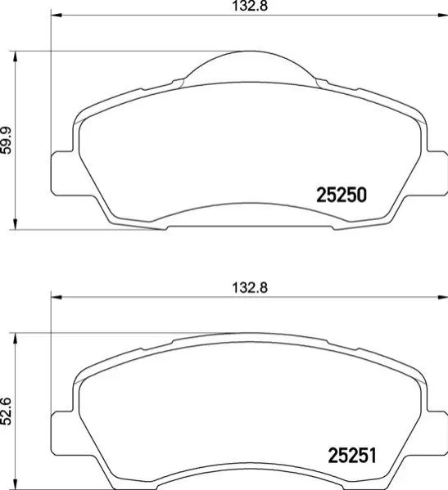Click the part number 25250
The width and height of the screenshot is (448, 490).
click(342, 195)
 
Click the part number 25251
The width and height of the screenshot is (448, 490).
click(352, 456)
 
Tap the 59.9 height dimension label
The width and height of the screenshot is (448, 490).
click(7, 141)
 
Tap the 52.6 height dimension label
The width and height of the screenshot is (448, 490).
click(7, 411)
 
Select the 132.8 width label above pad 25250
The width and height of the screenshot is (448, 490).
click(250, 6)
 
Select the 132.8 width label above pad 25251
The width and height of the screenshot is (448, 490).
click(250, 287)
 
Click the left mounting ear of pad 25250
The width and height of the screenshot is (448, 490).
click(61, 173)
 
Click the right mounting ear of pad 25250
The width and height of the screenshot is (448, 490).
click(437, 173)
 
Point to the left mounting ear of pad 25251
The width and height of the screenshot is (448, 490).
click(61, 434)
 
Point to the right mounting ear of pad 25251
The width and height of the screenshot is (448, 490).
click(437, 434)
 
